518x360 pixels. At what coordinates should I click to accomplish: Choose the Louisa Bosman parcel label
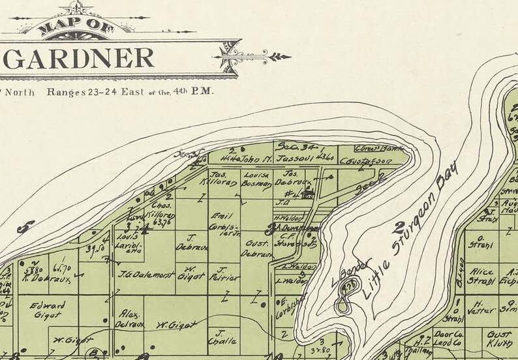257,180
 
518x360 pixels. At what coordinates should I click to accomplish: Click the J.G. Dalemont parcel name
136,274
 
